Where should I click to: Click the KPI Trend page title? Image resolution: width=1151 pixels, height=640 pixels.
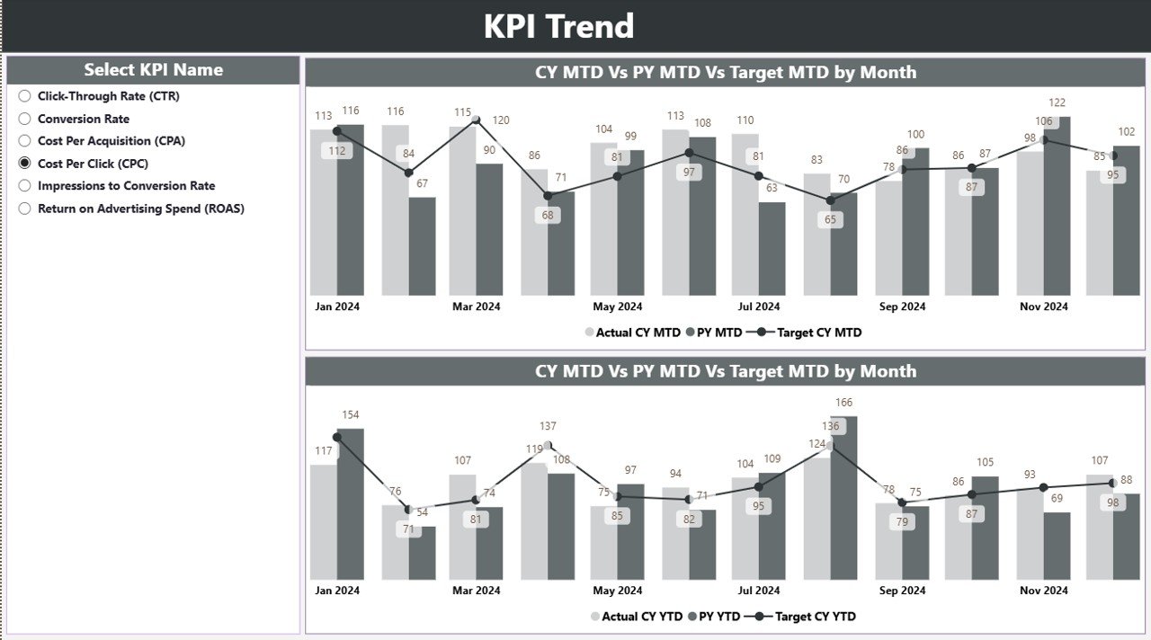pos(558,26)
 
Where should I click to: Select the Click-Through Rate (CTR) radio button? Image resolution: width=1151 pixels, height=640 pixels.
pos(25,96)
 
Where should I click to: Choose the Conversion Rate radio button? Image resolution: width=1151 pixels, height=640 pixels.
pos(25,119)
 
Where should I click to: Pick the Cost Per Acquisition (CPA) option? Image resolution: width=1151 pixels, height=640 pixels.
pos(25,141)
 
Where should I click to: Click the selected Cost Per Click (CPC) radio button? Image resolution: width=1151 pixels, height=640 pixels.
pos(25,164)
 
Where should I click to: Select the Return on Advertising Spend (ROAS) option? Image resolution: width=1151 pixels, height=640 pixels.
pos(25,209)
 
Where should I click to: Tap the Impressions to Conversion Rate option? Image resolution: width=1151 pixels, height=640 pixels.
pos(25,186)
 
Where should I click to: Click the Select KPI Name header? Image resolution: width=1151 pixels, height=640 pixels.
pos(153,70)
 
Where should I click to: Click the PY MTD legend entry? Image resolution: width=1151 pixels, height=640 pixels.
pos(714,333)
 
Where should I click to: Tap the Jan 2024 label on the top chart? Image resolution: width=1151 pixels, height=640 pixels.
pos(337,307)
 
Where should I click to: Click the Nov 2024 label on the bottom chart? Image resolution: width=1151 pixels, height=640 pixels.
pos(1043,591)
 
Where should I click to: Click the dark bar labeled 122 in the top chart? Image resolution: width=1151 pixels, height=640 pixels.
pos(1057,207)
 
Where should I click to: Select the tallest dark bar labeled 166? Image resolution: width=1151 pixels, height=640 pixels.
pos(843,499)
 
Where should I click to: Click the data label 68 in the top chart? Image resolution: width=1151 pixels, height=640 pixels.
pos(548,216)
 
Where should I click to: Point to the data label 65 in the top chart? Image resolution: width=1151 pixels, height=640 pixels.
pos(830,219)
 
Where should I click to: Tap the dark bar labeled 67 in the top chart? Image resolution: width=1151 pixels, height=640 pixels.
pos(422,246)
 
